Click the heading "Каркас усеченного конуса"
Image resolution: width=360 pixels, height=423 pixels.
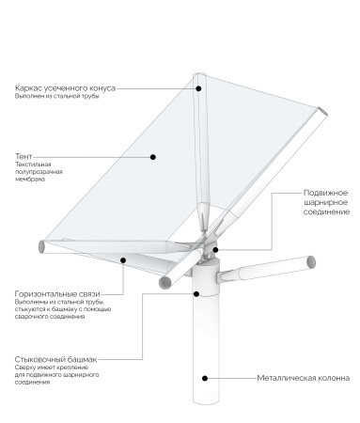pos(65,88)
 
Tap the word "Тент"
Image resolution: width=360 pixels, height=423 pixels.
pos(23,156)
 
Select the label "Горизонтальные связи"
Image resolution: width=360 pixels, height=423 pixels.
pos(57,294)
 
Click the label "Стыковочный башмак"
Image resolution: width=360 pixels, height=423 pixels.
pos(55,359)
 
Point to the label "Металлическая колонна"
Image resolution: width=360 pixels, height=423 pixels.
pos(304,378)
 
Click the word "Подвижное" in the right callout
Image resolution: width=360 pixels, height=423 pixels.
pos(325,193)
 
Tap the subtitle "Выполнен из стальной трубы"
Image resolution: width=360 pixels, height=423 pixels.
pos(57,96)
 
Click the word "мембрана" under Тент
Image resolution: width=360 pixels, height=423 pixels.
pos(30,180)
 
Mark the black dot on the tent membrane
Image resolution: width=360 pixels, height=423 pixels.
pos(153,157)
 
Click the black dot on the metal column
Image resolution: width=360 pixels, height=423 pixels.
pos(205,378)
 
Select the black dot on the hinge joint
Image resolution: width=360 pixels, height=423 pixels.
pos(215,250)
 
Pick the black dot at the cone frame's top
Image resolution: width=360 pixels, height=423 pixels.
pos(198,88)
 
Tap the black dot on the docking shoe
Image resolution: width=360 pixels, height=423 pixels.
pos(196,294)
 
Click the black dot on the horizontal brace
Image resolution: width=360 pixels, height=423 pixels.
pos(123,260)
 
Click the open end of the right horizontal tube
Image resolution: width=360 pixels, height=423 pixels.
pos(311,262)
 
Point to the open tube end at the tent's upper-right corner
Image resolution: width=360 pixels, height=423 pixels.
pos(322,111)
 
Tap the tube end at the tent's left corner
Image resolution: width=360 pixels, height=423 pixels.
pos(41,246)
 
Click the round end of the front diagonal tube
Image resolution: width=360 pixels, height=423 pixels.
pos(165,283)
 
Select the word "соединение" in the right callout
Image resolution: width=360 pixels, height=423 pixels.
pos(326,211)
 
